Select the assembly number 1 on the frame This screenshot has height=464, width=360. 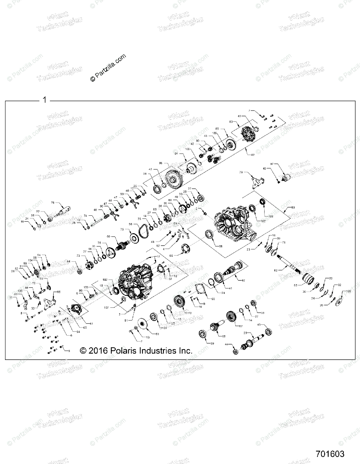click(44, 100)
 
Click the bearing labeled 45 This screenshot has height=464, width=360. click(267, 332)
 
